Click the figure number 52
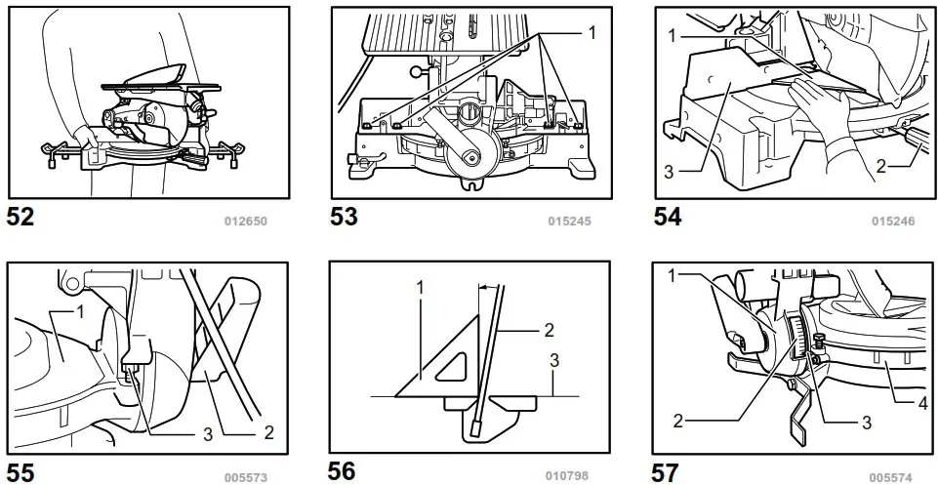tap(20, 218)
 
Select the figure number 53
tap(344, 218)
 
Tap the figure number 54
tap(668, 218)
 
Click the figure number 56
tap(342, 471)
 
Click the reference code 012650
tap(246, 222)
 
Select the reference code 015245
tap(568, 222)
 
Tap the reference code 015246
tap(892, 222)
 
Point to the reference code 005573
tap(246, 477)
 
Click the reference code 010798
tap(568, 477)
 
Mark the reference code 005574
tap(892, 477)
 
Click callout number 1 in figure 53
tap(591, 32)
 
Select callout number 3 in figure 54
tap(670, 171)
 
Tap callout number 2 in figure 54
tap(881, 167)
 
